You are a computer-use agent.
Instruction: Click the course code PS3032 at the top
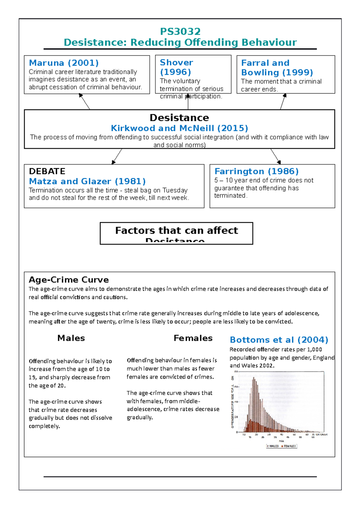pos(180,31)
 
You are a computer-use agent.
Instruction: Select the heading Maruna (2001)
pos(64,63)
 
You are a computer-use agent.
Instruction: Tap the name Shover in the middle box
pos(176,62)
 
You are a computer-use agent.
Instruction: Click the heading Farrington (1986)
pos(256,171)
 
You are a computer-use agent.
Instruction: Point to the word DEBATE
pos(47,171)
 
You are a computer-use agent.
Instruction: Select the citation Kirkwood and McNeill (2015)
pos(179,128)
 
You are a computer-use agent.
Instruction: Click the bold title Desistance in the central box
pos(179,118)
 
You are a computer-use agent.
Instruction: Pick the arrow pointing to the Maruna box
pos(84,101)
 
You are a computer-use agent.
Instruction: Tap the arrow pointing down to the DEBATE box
pos(117,156)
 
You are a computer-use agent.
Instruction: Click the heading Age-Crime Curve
pos(69,280)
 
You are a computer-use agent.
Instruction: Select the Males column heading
pos(71,338)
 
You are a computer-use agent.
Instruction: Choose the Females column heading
pos(193,338)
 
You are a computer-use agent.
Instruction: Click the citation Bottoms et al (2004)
pos(279,340)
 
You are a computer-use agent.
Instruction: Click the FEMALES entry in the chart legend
pos(289,446)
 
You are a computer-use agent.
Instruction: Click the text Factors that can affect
pos(176,230)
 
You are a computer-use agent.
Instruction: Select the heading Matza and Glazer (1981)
pos(87,181)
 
